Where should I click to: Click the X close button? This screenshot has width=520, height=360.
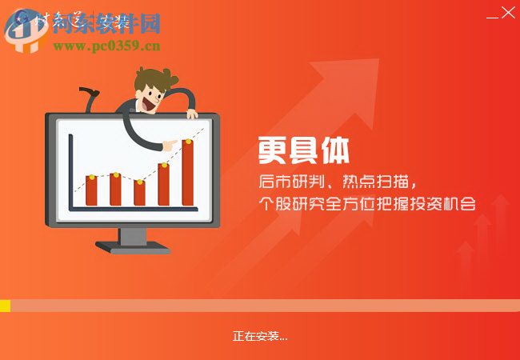[x=507, y=13]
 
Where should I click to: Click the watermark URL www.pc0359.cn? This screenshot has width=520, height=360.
[x=106, y=46]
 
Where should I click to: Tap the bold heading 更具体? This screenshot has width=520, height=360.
[x=303, y=150]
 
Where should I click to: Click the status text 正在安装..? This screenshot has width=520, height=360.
[x=260, y=336]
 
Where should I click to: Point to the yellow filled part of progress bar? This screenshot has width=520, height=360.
[x=5, y=306]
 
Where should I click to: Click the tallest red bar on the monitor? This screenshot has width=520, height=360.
[x=187, y=174]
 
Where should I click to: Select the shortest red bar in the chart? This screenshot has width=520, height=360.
[x=139, y=193]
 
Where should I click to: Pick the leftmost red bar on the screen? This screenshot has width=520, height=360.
[x=91, y=190]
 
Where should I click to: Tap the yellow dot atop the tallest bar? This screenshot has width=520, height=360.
[x=188, y=142]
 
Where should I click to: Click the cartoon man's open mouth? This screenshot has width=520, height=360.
[x=150, y=102]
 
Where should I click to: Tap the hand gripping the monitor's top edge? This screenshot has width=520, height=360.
[x=191, y=113]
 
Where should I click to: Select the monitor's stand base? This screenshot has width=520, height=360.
[x=133, y=249]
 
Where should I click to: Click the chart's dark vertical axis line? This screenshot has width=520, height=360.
[x=70, y=172]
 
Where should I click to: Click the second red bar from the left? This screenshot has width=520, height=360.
[x=115, y=190]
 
